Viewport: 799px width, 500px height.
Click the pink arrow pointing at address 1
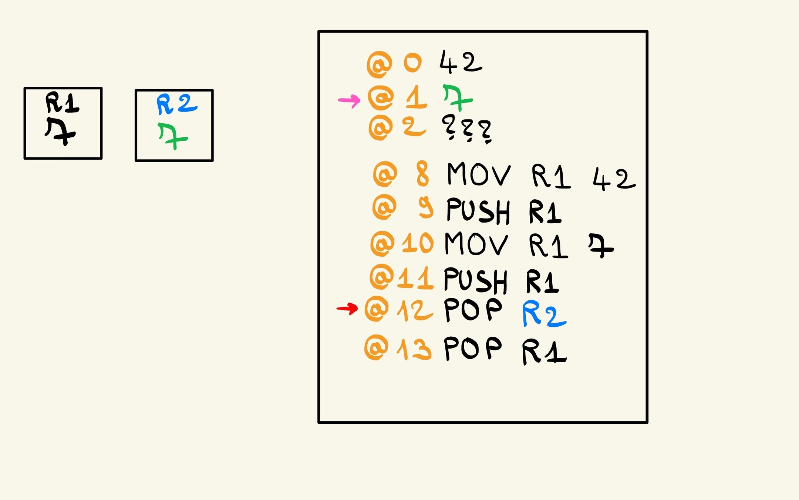pos(349,100)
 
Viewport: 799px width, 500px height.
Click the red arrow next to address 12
pos(347,308)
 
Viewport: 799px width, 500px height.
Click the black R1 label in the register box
pos(62,103)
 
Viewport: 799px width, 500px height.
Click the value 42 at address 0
pos(461,62)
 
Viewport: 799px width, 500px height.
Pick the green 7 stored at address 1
pos(457,98)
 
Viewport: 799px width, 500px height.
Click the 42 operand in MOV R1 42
pos(614,179)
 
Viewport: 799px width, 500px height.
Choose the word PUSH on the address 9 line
pos(478,210)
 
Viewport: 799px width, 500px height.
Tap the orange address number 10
pos(418,243)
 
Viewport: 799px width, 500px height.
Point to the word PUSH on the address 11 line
pos(475,280)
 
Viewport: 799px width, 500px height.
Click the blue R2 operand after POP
pos(544,314)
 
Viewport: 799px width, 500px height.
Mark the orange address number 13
pos(414,349)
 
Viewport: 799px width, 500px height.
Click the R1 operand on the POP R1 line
pos(544,352)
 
